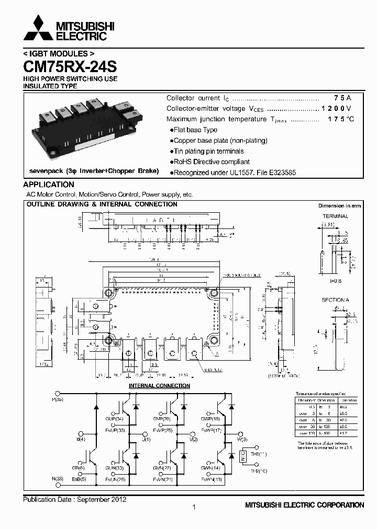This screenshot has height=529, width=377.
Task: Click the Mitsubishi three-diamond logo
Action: point(38,29)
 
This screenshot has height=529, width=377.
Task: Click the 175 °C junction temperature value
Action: point(341,119)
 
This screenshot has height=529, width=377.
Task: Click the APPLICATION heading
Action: point(49,185)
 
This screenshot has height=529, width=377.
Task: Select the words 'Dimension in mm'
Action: point(340,206)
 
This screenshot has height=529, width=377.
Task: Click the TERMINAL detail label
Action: point(335,216)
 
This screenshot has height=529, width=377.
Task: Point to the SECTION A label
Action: point(335,300)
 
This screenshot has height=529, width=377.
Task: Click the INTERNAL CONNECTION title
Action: point(159,386)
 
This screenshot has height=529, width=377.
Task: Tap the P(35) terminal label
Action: point(58,399)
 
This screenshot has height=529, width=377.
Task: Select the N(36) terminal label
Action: point(58,479)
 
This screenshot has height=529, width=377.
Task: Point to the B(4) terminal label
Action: point(81,440)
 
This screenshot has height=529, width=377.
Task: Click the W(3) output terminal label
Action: point(241,440)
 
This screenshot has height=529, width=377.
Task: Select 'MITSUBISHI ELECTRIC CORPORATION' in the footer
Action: point(304,505)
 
